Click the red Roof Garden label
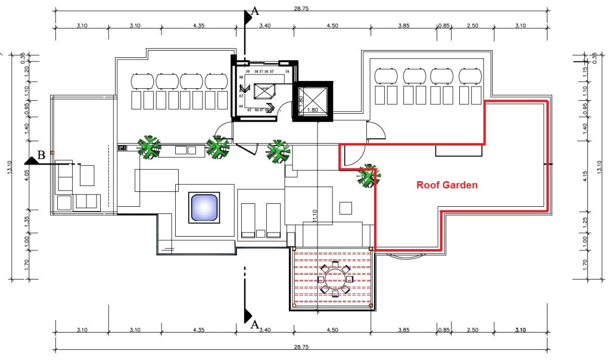click(x=447, y=185)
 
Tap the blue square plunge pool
click(x=204, y=207)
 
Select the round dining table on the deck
click(x=335, y=278)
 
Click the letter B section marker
click(x=41, y=156)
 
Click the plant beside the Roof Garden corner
click(x=368, y=176)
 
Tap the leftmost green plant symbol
click(x=148, y=147)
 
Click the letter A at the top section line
click(x=256, y=10)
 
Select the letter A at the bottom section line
click(x=255, y=325)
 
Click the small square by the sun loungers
click(x=345, y=207)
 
